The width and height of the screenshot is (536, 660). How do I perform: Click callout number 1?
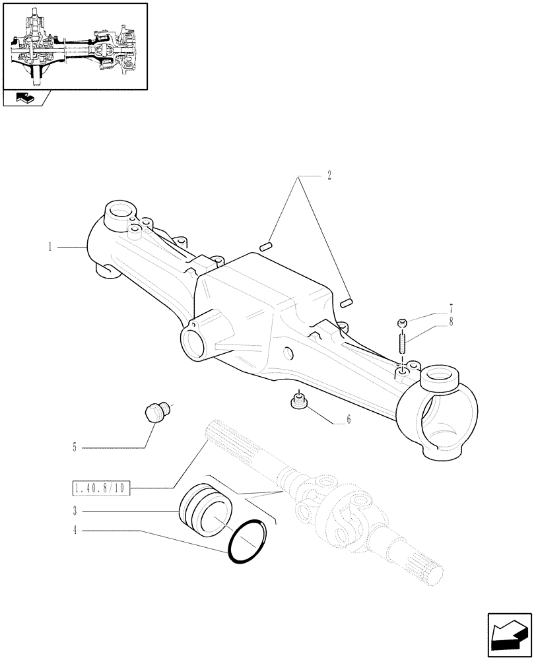tap(50, 247)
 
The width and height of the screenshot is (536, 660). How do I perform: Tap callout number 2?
tap(328, 176)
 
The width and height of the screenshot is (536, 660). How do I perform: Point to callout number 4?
tap(77, 529)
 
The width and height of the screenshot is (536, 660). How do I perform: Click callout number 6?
tap(348, 419)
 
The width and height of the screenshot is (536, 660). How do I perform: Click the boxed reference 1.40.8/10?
tap(101, 488)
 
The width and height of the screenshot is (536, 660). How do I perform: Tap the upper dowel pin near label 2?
tap(267, 247)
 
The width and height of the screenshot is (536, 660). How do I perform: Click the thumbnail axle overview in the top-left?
tap(75, 46)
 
